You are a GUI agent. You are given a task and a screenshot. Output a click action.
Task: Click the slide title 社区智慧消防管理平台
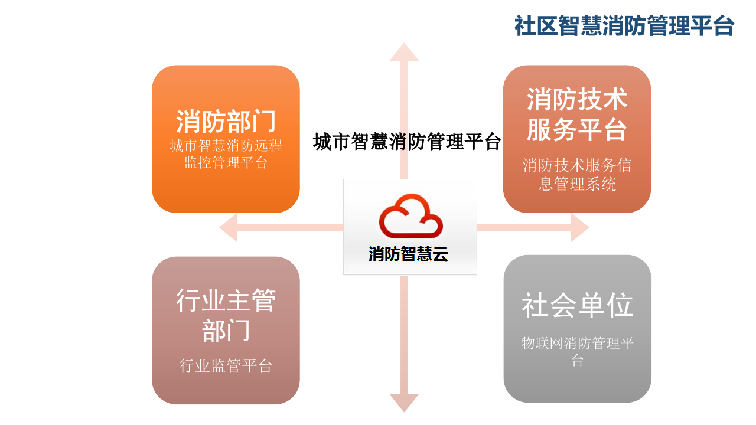[x=624, y=26]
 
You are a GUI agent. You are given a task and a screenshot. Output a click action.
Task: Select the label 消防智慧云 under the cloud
[x=408, y=254]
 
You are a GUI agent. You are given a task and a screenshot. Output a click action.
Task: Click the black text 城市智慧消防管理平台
[x=407, y=142]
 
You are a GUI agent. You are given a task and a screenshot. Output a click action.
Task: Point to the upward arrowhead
[x=404, y=53]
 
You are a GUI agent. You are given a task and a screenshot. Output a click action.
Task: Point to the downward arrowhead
[x=404, y=403]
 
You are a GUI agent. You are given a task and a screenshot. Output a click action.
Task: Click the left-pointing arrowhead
[x=229, y=228]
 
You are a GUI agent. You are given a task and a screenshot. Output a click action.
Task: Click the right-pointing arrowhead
[x=579, y=228]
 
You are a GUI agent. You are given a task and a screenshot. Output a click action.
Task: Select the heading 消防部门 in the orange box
[x=226, y=121]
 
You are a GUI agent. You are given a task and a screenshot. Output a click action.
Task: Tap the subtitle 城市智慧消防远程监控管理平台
[x=226, y=153]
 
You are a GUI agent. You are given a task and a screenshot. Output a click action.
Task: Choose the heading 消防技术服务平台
[x=576, y=115]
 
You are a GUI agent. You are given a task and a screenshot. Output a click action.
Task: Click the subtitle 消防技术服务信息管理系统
[x=576, y=174]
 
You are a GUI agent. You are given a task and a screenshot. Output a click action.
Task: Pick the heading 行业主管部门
[x=226, y=315]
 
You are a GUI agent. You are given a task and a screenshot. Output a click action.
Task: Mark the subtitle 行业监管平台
[x=226, y=366]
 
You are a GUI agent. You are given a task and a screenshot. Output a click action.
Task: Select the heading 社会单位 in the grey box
[x=577, y=305]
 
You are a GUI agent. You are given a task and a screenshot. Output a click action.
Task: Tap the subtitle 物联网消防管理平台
[x=577, y=351]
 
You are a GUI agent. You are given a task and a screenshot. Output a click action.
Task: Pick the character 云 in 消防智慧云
[x=439, y=254]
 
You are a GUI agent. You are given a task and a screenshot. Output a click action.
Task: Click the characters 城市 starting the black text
[x=331, y=142]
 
